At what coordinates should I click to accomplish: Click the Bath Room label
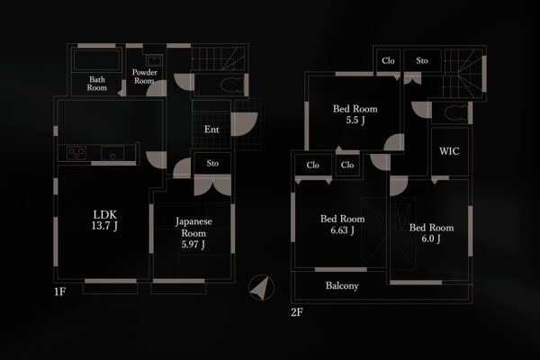97,84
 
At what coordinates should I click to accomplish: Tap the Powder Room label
144,76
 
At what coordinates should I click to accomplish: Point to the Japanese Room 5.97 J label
193,232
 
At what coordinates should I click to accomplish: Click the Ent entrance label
211,130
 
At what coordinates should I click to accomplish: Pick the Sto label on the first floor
212,163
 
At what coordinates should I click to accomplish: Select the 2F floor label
296,311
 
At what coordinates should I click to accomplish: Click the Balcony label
342,286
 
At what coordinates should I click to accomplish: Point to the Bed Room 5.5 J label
355,114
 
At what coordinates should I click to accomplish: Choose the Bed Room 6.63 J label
342,224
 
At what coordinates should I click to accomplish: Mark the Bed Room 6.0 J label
431,233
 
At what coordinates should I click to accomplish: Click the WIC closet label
449,151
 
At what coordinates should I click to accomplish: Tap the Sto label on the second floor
422,61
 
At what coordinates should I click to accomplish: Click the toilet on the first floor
229,85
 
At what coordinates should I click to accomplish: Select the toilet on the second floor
453,113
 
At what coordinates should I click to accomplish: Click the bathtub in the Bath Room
97,60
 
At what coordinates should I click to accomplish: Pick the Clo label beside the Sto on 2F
388,61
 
